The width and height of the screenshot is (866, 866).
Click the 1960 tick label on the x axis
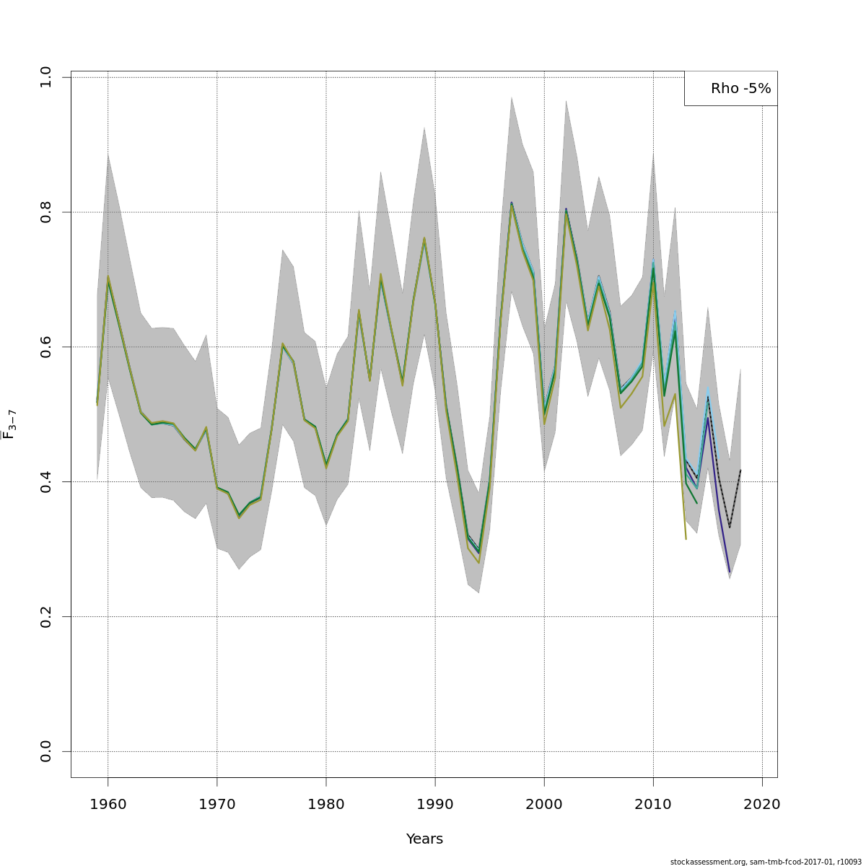[108, 805]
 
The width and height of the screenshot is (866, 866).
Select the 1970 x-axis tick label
[217, 805]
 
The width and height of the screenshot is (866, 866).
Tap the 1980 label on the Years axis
[326, 805]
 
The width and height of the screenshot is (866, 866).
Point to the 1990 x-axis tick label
[435, 805]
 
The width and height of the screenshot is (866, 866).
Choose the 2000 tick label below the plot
[544, 805]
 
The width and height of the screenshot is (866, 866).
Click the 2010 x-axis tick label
[653, 805]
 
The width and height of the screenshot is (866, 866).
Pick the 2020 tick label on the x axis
[762, 805]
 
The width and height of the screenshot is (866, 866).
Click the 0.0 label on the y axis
[46, 751]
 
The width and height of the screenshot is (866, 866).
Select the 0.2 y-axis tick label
[46, 616]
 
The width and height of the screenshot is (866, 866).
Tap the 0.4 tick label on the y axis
[46, 481]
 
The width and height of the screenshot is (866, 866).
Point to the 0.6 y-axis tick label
[46, 346]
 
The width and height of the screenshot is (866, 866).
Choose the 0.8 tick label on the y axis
[46, 211]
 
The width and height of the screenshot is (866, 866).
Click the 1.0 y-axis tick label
[46, 77]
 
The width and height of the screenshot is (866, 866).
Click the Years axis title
[424, 839]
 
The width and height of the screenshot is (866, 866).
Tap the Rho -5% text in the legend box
[740, 89]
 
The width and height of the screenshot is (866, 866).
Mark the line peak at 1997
[512, 204]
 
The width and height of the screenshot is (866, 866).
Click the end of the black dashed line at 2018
[740, 470]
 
